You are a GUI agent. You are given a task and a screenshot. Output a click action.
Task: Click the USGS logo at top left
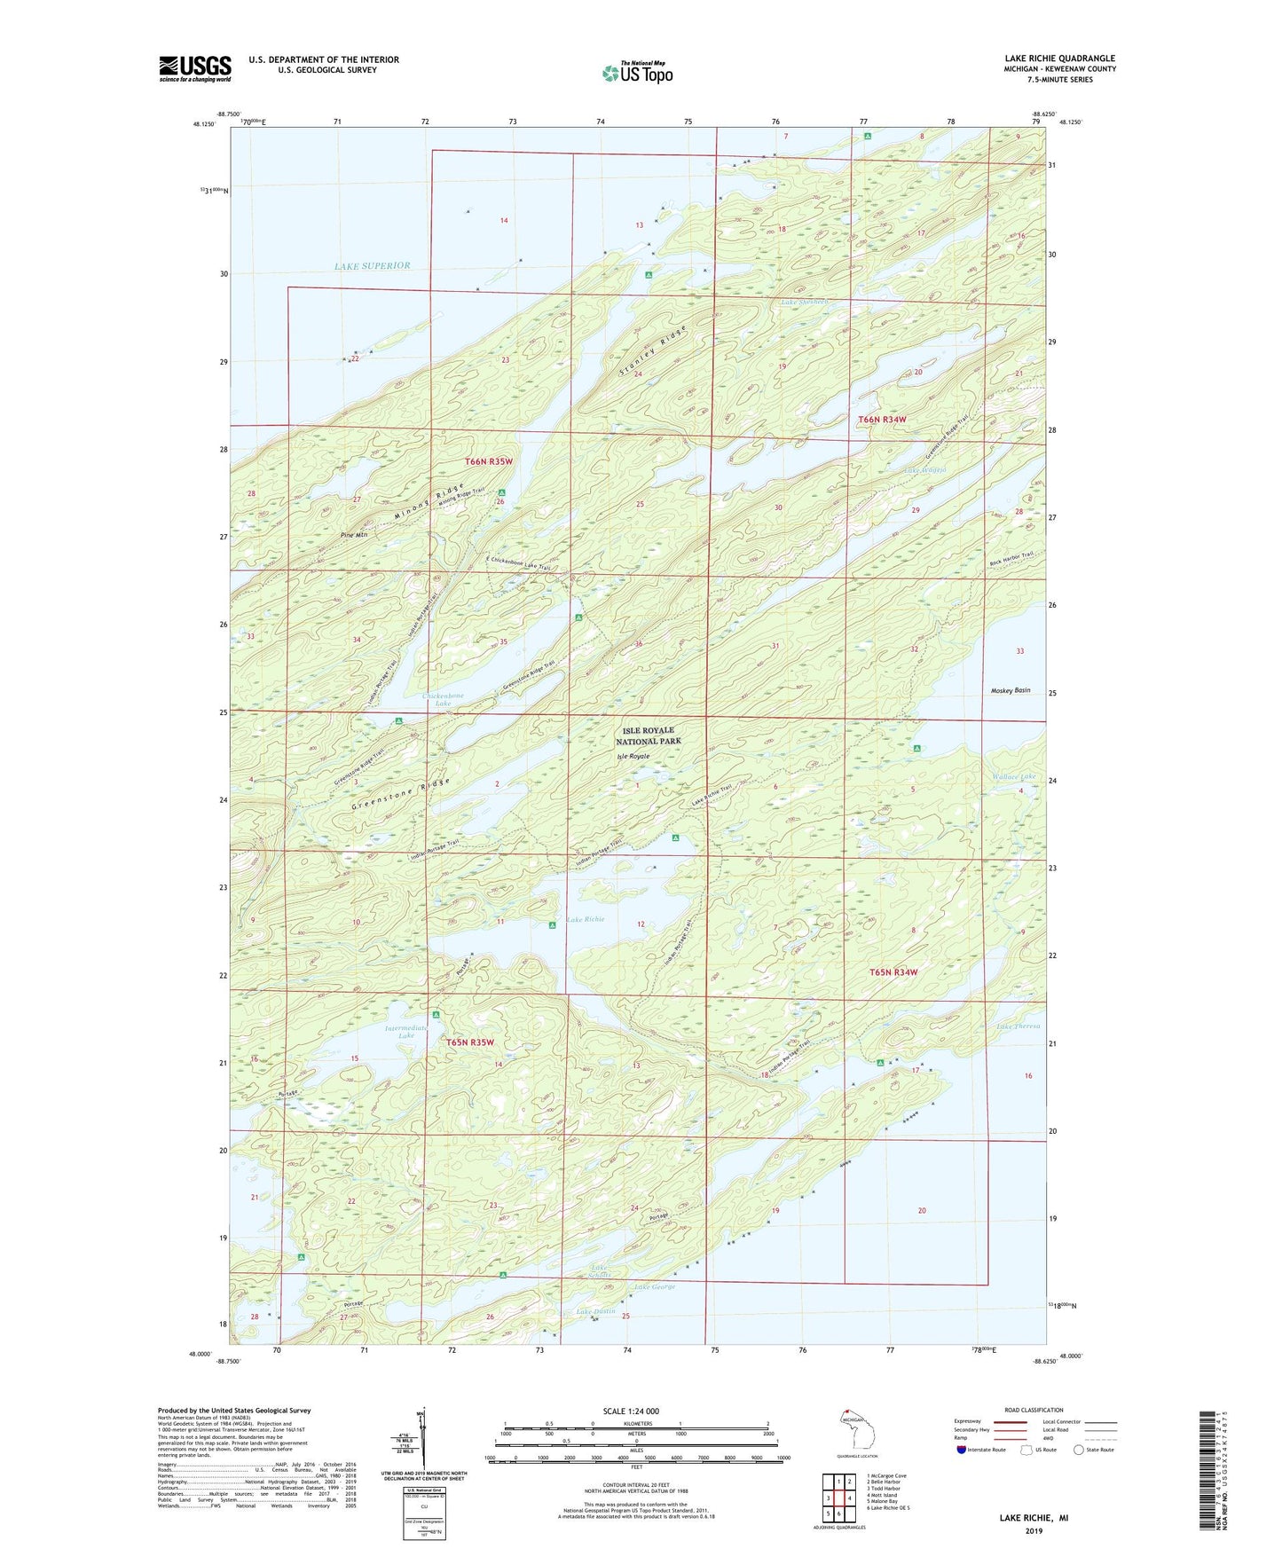[194, 68]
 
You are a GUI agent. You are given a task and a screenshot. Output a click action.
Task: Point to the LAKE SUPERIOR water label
[372, 265]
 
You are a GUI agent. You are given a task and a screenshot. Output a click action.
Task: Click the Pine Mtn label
[353, 535]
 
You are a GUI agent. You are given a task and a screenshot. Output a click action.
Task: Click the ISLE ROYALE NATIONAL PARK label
[648, 735]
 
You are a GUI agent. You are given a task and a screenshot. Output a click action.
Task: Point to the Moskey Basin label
[1010, 689]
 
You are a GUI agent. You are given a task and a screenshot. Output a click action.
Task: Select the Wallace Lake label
[1013, 777]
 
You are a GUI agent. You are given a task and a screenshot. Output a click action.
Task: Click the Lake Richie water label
[586, 919]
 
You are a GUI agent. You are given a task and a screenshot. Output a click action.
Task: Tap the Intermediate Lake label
[405, 1031]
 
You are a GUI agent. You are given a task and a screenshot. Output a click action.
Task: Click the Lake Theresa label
[1018, 1026]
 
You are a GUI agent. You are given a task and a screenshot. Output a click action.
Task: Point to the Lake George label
[654, 1286]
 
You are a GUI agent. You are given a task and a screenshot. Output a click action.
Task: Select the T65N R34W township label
[893, 972]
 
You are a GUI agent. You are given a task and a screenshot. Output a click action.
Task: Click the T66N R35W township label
[489, 461]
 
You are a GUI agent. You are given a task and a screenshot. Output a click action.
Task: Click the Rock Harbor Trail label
[1011, 560]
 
